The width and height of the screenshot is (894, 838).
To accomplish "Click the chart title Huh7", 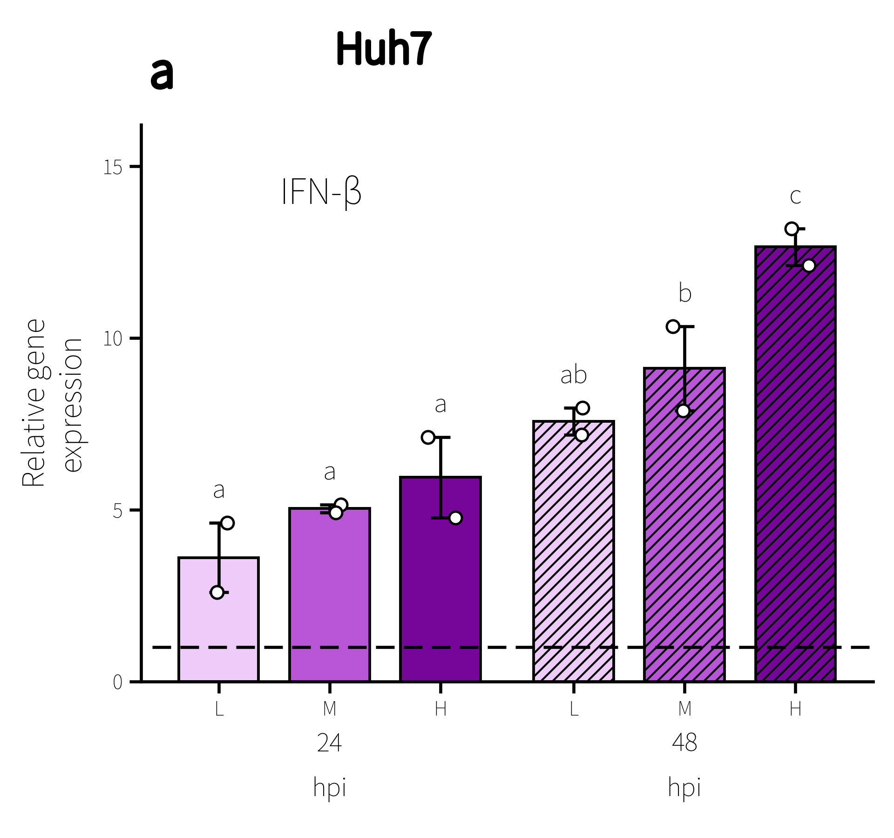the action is click(x=384, y=48).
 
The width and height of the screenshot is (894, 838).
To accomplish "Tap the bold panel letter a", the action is click(x=162, y=74).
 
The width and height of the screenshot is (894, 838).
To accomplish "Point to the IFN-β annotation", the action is click(x=321, y=192).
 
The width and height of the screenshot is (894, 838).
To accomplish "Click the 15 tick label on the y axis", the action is click(x=113, y=167).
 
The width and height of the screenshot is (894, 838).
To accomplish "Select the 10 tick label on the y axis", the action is click(x=113, y=338).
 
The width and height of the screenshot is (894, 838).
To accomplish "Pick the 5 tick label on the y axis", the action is click(x=117, y=510).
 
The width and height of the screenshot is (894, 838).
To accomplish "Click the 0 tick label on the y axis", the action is click(x=117, y=682).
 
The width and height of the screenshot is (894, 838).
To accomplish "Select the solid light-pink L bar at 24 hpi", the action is click(x=219, y=619).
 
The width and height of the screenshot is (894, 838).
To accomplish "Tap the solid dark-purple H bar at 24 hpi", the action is click(x=440, y=579).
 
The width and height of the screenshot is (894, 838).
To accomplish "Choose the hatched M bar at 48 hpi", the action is click(x=684, y=525).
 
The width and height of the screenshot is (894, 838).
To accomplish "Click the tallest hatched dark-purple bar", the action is click(x=795, y=464).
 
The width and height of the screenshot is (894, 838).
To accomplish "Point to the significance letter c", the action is click(x=795, y=196).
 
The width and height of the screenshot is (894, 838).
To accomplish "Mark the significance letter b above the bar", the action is click(x=685, y=293).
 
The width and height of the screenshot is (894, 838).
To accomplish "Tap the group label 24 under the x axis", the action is click(x=330, y=743).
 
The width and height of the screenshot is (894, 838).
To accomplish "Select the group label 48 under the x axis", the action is click(x=684, y=743).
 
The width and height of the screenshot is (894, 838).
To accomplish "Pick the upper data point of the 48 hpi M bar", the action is click(x=673, y=326).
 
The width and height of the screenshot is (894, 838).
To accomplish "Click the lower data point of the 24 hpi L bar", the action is click(x=217, y=592).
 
